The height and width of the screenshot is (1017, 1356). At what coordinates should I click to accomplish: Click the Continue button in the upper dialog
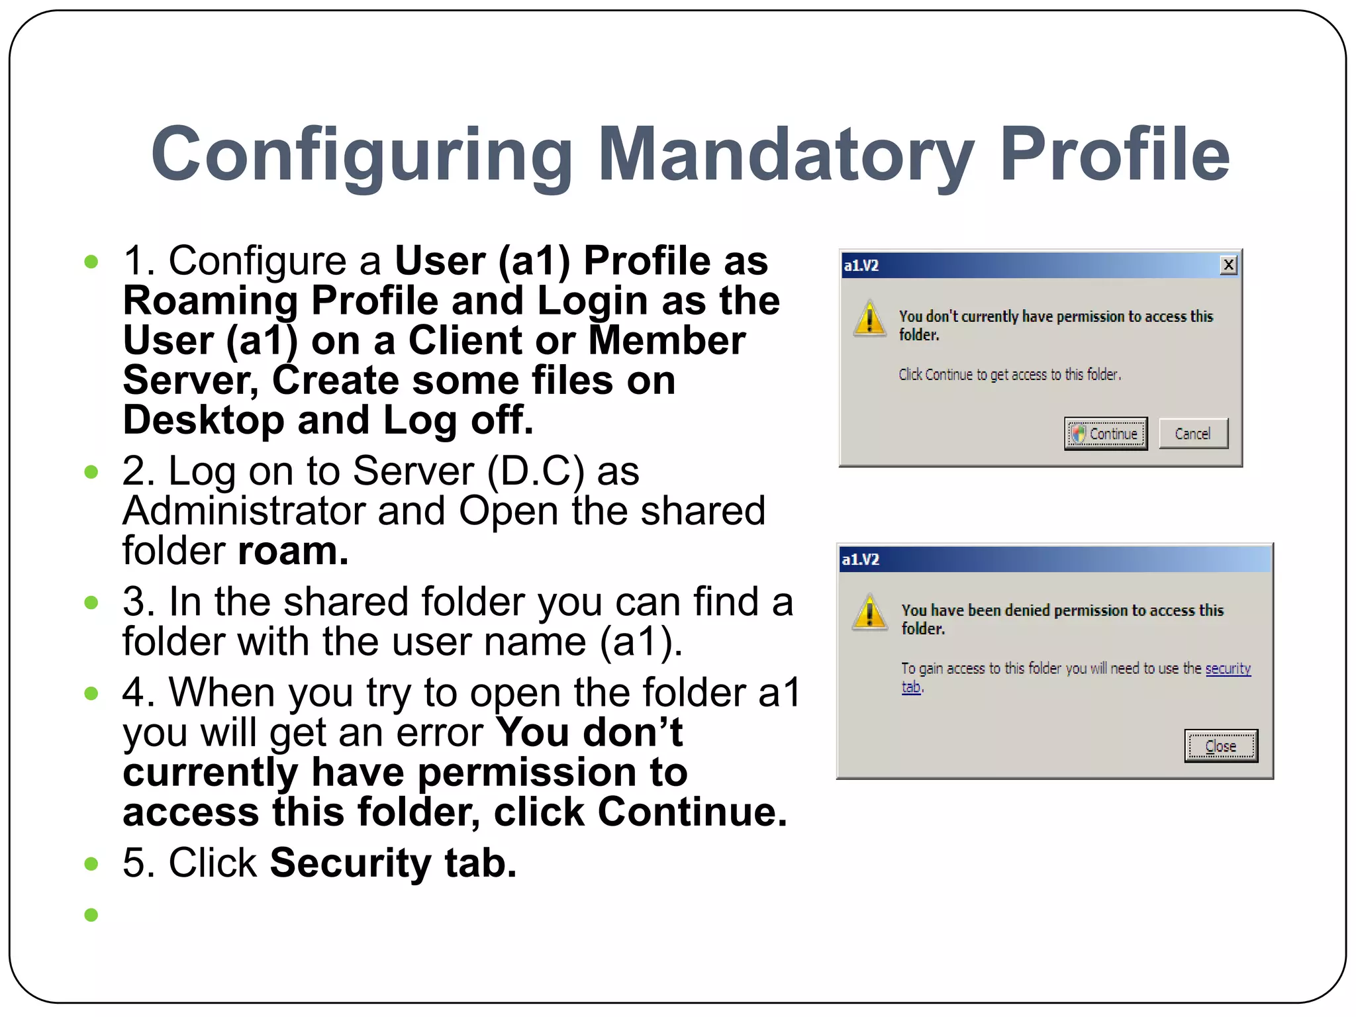[x=1106, y=434]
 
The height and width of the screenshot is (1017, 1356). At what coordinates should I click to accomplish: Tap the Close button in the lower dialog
[x=1220, y=746]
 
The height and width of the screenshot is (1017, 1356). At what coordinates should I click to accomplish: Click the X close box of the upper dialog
[x=1228, y=266]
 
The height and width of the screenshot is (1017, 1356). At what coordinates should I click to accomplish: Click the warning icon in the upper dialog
[x=869, y=319]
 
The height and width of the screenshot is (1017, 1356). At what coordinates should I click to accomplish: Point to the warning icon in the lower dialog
[x=869, y=612]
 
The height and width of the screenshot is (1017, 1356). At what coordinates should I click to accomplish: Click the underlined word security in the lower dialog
[x=1228, y=669]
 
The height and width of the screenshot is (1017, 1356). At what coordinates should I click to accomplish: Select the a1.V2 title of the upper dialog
[x=861, y=266]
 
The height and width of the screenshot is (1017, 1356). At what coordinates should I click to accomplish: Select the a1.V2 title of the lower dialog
[x=860, y=560]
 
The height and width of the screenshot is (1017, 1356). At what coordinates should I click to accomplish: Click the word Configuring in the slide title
[x=362, y=156]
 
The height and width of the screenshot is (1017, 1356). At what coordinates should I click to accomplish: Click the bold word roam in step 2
[x=291, y=552]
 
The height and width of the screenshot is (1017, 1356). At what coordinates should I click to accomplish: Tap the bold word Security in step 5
[x=350, y=863]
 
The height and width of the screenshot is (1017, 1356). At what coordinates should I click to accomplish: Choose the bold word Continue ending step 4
[x=691, y=812]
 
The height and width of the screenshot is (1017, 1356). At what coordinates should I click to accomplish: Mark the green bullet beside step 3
[x=91, y=603]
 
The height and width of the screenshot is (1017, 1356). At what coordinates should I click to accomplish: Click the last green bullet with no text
[x=91, y=915]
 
